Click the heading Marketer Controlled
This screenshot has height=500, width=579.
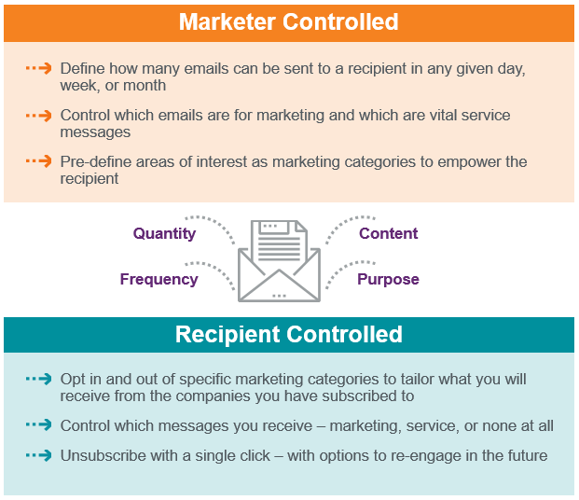click(x=289, y=21)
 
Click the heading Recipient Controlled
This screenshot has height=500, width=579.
click(x=289, y=334)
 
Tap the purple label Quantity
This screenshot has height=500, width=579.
click(x=164, y=234)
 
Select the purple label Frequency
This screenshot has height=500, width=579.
click(x=159, y=279)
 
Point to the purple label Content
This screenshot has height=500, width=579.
click(x=389, y=233)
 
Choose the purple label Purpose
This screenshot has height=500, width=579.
click(x=388, y=280)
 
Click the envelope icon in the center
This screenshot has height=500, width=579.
click(x=279, y=261)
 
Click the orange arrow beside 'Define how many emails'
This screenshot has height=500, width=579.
click(x=39, y=68)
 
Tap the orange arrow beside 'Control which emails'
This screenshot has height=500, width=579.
click(x=39, y=116)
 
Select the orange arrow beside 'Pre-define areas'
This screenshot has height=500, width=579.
click(x=39, y=161)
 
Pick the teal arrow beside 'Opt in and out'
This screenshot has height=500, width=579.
click(x=39, y=379)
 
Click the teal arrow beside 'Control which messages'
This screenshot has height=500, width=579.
click(x=39, y=425)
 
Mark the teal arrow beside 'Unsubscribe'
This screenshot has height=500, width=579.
click(x=39, y=455)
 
